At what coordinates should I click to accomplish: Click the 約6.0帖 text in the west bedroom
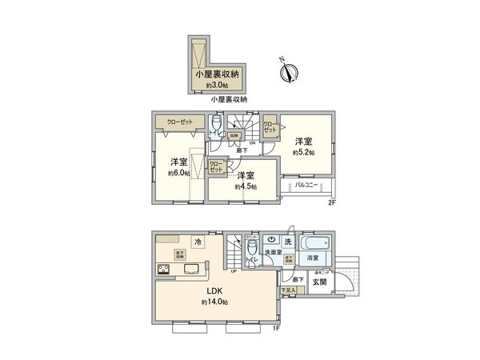click(x=178, y=171)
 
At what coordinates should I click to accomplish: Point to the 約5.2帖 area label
click(x=303, y=152)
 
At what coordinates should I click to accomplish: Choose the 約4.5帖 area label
click(x=246, y=186)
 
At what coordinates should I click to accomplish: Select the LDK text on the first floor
click(x=215, y=290)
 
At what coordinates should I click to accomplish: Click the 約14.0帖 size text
click(x=215, y=302)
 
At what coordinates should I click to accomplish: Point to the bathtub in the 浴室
click(x=313, y=242)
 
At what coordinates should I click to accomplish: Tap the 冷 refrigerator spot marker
click(x=198, y=241)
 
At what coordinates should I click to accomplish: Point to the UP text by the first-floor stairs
click(x=233, y=270)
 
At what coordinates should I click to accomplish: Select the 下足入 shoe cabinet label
click(x=286, y=290)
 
